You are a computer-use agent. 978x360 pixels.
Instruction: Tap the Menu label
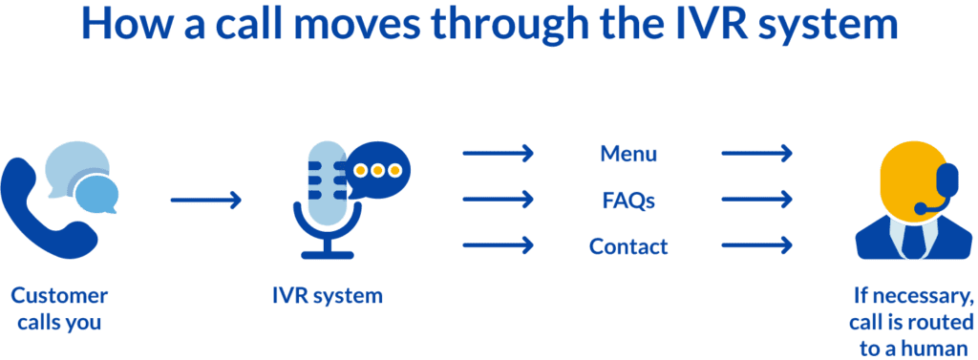pyautogui.click(x=628, y=154)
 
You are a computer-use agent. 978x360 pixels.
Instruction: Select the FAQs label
pyautogui.click(x=628, y=201)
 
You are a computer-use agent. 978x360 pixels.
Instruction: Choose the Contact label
pyautogui.click(x=628, y=246)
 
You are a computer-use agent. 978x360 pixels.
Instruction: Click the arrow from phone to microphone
pyautogui.click(x=206, y=201)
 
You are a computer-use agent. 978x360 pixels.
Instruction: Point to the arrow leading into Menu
pyautogui.click(x=498, y=154)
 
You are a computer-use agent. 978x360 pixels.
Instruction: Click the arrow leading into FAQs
pyautogui.click(x=498, y=201)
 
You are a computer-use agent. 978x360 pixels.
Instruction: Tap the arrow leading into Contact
pyautogui.click(x=498, y=246)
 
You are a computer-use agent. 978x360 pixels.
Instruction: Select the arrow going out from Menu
pyautogui.click(x=757, y=154)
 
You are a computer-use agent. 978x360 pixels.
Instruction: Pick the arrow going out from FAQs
pyautogui.click(x=757, y=201)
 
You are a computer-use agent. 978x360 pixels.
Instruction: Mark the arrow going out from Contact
pyautogui.click(x=757, y=246)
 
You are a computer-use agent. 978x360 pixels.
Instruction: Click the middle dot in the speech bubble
pyautogui.click(x=377, y=171)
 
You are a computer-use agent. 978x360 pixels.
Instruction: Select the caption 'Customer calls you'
pyautogui.click(x=59, y=308)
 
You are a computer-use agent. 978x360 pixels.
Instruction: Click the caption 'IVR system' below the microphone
pyautogui.click(x=328, y=296)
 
